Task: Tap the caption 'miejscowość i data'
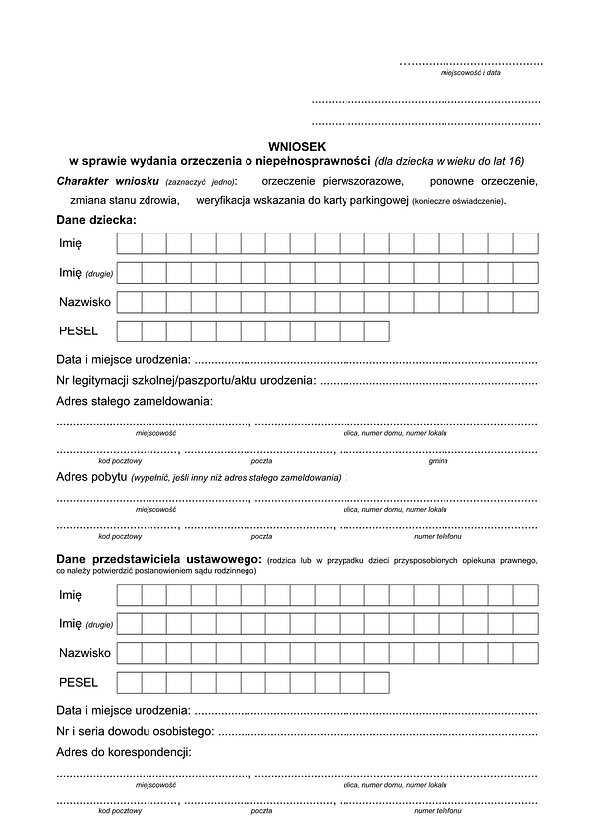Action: click(470, 73)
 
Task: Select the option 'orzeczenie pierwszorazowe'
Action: click(332, 181)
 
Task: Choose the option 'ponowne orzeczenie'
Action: click(483, 181)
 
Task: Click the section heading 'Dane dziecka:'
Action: click(97, 219)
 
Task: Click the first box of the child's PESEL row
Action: click(130, 330)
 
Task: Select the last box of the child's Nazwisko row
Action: click(526, 301)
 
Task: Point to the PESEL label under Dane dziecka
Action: click(79, 330)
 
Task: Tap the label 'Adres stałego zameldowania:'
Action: click(135, 402)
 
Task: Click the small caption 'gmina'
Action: click(438, 461)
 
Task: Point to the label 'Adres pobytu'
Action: click(92, 477)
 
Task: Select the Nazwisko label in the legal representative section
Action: click(84, 652)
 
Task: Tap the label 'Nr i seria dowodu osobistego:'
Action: click(136, 731)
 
